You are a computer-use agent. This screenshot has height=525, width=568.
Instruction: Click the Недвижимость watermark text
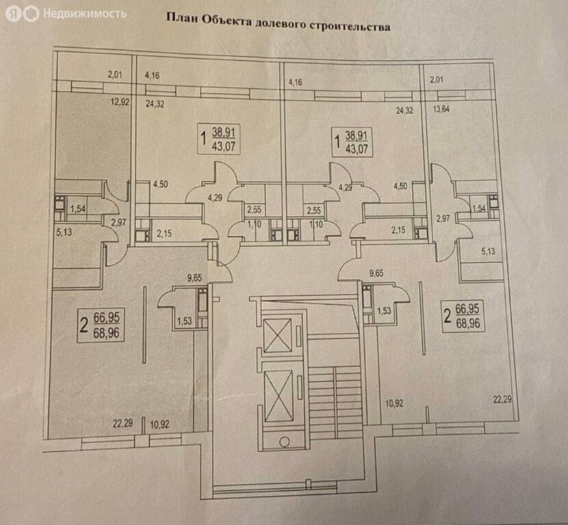85,14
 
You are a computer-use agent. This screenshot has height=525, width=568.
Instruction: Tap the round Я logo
14,14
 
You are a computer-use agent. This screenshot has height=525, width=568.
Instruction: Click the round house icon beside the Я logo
31,14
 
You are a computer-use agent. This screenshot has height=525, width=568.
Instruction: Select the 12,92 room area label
120,102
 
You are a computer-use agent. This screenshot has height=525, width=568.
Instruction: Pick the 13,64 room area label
441,109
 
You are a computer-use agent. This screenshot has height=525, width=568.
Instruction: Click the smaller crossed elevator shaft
277,335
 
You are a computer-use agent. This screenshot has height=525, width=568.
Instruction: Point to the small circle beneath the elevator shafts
285,442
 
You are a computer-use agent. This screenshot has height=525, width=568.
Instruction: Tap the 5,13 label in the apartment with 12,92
64,232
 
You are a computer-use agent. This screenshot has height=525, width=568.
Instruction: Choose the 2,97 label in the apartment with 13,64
442,218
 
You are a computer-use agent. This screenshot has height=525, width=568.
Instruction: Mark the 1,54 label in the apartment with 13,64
480,208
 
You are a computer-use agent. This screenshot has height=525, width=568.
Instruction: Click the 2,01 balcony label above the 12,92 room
115,75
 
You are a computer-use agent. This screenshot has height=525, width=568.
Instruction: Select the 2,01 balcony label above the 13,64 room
437,80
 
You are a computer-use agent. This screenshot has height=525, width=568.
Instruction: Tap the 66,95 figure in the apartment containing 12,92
107,318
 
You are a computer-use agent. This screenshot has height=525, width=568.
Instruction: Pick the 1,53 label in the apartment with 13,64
384,310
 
